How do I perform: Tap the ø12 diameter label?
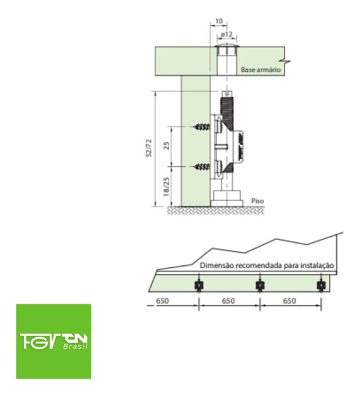pos(226,34)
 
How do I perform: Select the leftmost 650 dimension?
pos(164,300)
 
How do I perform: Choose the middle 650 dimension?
pos(227,300)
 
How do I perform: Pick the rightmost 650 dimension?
pos(290,300)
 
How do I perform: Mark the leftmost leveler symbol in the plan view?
pos(197,285)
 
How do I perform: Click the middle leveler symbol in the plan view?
pos(259,285)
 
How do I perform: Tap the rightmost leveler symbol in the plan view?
pos(322,285)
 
